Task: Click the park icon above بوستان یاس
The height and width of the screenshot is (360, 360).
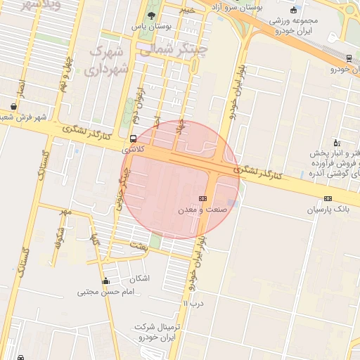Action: [151, 16]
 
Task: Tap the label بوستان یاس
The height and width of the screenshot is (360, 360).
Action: [151, 27]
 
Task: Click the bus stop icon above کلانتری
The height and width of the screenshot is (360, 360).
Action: [134, 139]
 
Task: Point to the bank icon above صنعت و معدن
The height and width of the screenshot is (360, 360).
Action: [202, 199]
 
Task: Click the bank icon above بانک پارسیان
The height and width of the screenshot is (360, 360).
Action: [328, 199]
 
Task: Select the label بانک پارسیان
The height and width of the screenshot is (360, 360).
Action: [327, 210]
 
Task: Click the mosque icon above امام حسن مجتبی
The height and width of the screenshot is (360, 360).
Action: [105, 281]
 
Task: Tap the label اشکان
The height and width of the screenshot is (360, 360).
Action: [139, 278]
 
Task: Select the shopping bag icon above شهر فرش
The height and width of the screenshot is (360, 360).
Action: [14, 107]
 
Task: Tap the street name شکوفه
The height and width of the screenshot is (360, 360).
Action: [60, 238]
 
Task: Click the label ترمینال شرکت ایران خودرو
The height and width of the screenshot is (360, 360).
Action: [159, 333]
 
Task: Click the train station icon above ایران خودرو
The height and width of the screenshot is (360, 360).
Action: [349, 58]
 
